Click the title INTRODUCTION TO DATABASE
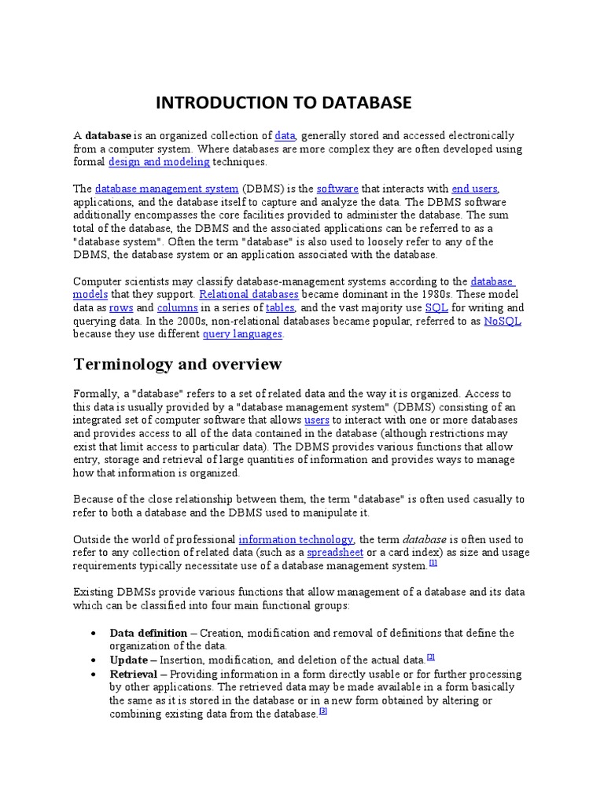click(x=283, y=103)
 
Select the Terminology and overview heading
click(x=177, y=364)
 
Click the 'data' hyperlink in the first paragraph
click(x=285, y=136)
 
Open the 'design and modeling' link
click(x=159, y=162)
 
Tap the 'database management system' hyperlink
click(x=167, y=189)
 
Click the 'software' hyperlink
click(x=337, y=189)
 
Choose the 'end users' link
click(x=474, y=189)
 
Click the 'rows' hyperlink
click(x=121, y=308)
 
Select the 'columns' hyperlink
click(x=178, y=308)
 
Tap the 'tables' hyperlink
click(x=279, y=308)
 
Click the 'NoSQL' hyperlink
click(x=503, y=322)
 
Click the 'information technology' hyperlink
click(x=296, y=539)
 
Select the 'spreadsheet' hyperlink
click(x=336, y=553)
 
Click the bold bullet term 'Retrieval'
click(x=133, y=675)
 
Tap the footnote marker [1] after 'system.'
click(x=433, y=563)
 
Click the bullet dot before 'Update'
click(x=94, y=660)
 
